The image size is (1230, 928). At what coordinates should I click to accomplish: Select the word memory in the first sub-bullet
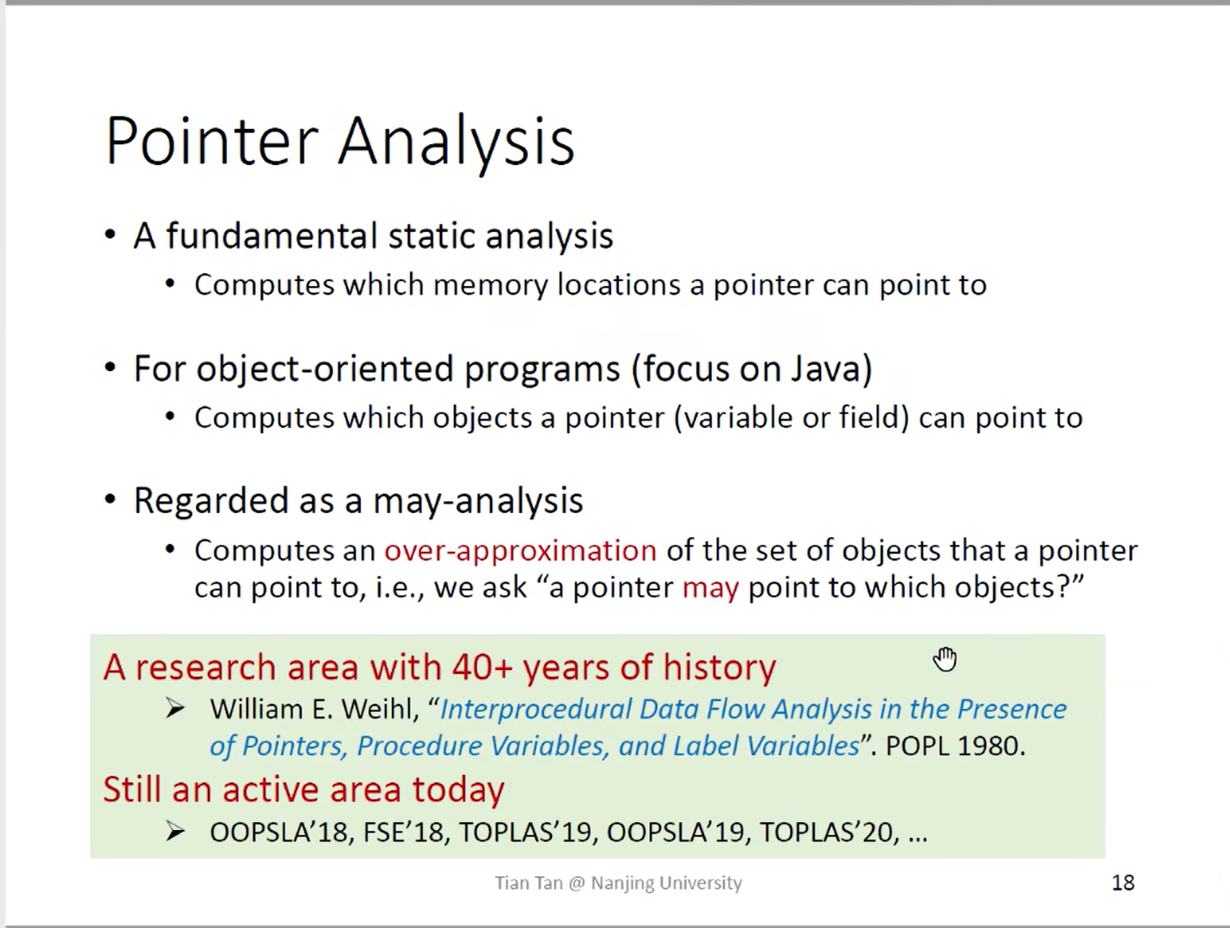click(491, 285)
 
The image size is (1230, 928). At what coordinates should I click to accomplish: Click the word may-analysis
click(478, 501)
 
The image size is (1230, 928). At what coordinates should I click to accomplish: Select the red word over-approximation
click(520, 551)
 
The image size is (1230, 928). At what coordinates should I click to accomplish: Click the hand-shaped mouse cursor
click(945, 658)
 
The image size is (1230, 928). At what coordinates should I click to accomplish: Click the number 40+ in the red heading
click(482, 667)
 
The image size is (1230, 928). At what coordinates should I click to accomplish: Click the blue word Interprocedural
click(536, 710)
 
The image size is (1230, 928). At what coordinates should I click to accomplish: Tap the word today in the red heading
click(458, 791)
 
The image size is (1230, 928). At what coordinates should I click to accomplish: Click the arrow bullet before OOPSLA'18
click(175, 832)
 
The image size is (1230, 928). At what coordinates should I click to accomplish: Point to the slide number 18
click(1123, 883)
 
